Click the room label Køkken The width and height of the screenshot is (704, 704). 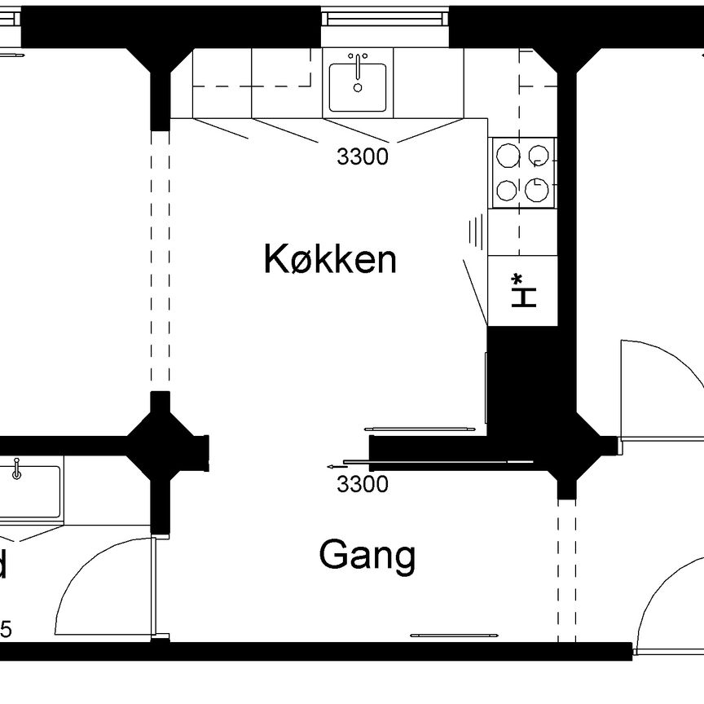pyautogui.click(x=330, y=260)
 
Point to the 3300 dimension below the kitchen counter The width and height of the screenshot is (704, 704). pyautogui.click(x=362, y=157)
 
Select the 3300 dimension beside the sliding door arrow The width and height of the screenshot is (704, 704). pyautogui.click(x=362, y=485)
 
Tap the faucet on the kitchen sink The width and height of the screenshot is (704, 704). pyautogui.click(x=358, y=62)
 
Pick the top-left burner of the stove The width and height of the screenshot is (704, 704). pyautogui.click(x=507, y=155)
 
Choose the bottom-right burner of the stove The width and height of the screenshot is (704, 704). pyautogui.click(x=536, y=191)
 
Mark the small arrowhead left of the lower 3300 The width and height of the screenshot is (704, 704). pyautogui.click(x=331, y=466)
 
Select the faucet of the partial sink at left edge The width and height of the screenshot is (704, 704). pyautogui.click(x=16, y=469)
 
